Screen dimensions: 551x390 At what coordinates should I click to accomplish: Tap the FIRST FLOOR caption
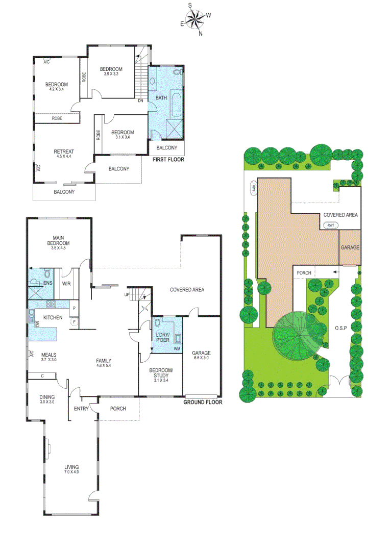(168, 160)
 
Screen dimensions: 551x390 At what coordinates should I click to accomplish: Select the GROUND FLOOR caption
(203, 402)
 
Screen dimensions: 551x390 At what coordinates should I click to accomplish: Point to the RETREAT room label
(64, 152)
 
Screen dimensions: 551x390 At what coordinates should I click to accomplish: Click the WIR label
(66, 284)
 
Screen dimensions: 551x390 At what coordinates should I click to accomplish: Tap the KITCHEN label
(53, 318)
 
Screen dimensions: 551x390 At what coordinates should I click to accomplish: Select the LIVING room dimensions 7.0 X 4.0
(71, 472)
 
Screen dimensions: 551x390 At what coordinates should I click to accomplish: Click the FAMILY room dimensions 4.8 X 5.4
(104, 366)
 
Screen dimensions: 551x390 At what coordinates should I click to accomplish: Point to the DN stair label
(140, 101)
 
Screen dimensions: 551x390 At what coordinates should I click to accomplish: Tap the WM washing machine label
(177, 349)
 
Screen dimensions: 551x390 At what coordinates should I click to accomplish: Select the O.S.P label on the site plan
(341, 328)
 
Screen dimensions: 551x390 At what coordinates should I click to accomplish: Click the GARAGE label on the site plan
(350, 247)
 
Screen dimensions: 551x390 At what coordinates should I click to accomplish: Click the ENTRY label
(82, 409)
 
